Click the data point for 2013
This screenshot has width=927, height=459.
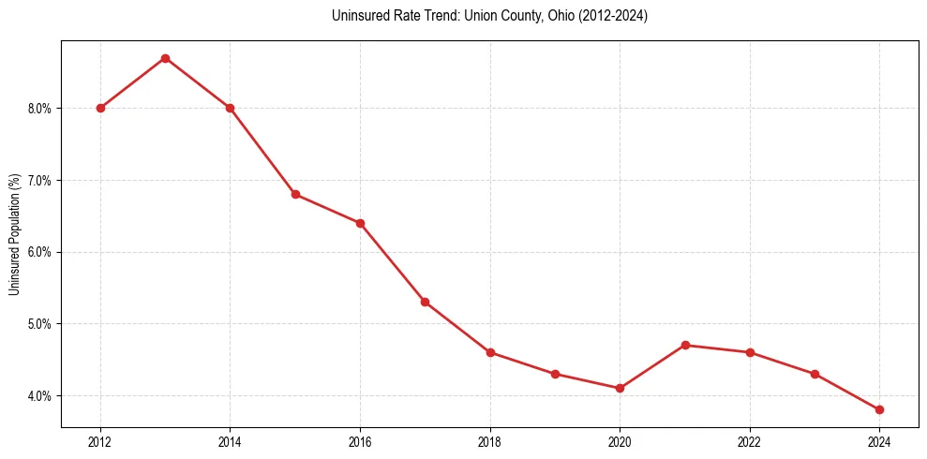pos(165,58)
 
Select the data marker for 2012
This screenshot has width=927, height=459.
pos(100,108)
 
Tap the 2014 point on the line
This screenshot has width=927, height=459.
pos(230,108)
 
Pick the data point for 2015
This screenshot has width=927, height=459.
pos(295,194)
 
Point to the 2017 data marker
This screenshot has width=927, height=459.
pos(425,302)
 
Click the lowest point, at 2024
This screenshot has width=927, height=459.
pos(879,409)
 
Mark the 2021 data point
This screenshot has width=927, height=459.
pos(685,345)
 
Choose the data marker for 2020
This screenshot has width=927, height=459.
pos(620,388)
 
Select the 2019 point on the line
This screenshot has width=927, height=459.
pos(555,374)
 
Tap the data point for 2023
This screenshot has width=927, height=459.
pos(815,374)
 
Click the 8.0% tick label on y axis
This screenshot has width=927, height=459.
pos(40,109)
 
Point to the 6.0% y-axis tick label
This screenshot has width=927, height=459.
pos(40,252)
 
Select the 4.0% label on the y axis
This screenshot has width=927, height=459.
pos(40,396)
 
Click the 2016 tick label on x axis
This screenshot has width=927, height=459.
pos(360,440)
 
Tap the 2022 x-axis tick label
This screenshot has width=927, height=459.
pos(750,440)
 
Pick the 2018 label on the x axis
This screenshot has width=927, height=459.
pos(490,440)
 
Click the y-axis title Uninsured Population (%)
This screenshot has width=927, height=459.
pos(15,234)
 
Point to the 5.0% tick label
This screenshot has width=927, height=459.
pos(40,324)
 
